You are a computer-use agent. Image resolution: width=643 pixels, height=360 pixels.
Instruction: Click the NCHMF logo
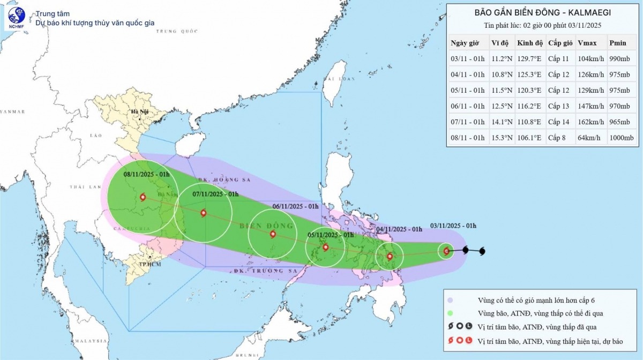click(16, 19)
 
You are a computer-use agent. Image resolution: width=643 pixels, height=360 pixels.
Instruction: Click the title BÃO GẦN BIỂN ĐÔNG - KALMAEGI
click(543, 12)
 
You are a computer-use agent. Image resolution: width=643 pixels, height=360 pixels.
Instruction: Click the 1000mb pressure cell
click(621, 138)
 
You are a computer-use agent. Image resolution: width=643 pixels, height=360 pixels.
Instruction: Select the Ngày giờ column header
click(466, 43)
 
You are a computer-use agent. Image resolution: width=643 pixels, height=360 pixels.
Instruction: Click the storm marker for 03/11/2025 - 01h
click(446, 250)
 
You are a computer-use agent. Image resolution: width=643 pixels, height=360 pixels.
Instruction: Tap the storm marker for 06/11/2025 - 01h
click(273, 234)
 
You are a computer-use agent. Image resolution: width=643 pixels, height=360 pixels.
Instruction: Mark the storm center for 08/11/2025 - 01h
click(143, 197)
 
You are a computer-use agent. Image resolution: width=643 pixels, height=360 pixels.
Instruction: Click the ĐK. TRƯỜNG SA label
click(265, 271)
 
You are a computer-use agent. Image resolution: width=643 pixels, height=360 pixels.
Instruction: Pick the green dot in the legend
click(451, 313)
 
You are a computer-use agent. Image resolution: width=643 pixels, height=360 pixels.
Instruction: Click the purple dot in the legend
click(451, 300)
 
